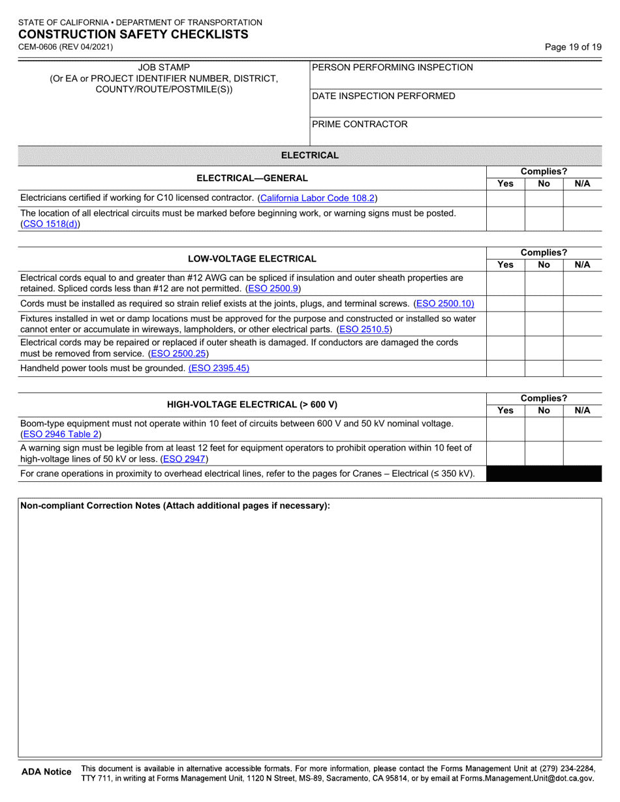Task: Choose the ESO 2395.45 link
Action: click(219, 368)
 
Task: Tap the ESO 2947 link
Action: click(184, 459)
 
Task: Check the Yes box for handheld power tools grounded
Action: click(506, 368)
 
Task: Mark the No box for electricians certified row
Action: click(544, 198)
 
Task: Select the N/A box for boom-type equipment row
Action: click(582, 428)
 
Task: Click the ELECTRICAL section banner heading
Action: click(309, 155)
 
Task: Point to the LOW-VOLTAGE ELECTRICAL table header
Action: click(252, 259)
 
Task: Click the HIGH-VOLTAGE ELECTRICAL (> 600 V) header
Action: click(252, 404)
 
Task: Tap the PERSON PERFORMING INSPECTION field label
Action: click(392, 68)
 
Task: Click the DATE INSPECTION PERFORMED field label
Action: click(384, 97)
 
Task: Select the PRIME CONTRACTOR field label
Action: click(360, 125)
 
